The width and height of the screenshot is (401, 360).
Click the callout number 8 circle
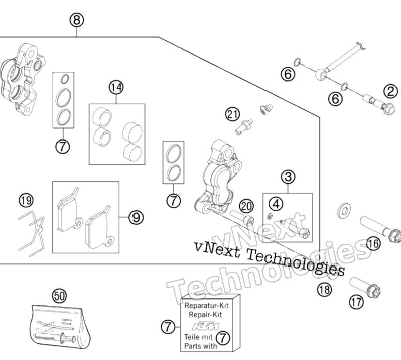point(76,20)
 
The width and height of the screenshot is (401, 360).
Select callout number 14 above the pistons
point(116,88)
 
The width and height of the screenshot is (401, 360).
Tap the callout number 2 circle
point(391,91)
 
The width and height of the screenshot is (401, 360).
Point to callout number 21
point(233,114)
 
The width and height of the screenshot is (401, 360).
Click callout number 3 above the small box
point(288,177)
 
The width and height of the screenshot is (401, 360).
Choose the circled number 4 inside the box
point(276,204)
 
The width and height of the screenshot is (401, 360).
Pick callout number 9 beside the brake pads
point(136,217)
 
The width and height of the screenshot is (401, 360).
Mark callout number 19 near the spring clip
point(26,200)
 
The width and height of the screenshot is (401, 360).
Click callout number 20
point(246,206)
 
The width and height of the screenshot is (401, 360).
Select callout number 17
point(357,302)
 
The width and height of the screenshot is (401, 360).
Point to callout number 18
point(325,290)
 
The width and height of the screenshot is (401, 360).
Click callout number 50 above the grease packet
point(59,296)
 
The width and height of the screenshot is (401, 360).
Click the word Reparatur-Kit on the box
point(206,306)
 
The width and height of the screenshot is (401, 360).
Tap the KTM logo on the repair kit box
point(206,326)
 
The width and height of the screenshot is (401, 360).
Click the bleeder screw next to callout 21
point(244,127)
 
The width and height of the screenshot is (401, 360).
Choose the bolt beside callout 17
point(365,287)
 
